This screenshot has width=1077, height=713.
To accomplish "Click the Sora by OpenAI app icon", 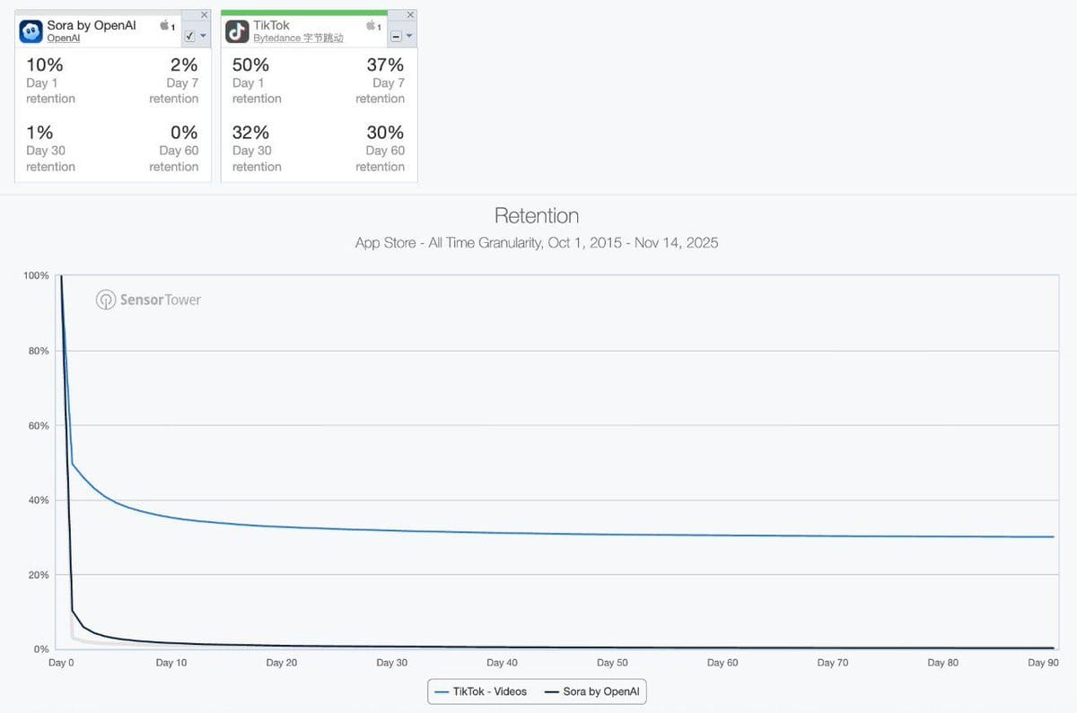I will (31, 31).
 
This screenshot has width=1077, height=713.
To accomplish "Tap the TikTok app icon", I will (237, 31).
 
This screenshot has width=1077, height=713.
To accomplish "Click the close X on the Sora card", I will (204, 15).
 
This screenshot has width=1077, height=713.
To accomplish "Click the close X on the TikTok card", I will (410, 15).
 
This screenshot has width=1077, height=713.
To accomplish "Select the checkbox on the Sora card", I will (189, 36).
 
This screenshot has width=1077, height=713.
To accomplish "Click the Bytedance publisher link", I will (298, 39).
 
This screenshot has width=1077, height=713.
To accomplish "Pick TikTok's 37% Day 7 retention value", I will (385, 65).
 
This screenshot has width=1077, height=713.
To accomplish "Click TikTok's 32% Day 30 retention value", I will (250, 133).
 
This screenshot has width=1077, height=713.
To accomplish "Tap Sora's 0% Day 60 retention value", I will (184, 133).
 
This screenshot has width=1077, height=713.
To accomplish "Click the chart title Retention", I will (537, 216).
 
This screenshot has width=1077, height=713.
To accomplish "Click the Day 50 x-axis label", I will (612, 663).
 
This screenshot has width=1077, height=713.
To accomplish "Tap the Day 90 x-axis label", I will (1043, 663).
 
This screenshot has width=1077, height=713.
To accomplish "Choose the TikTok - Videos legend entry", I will (481, 691).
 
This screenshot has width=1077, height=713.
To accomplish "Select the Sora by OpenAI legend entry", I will (592, 691).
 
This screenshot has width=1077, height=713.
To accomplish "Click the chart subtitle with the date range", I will (537, 243).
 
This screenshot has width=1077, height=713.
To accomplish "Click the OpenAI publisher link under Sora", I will (63, 39).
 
